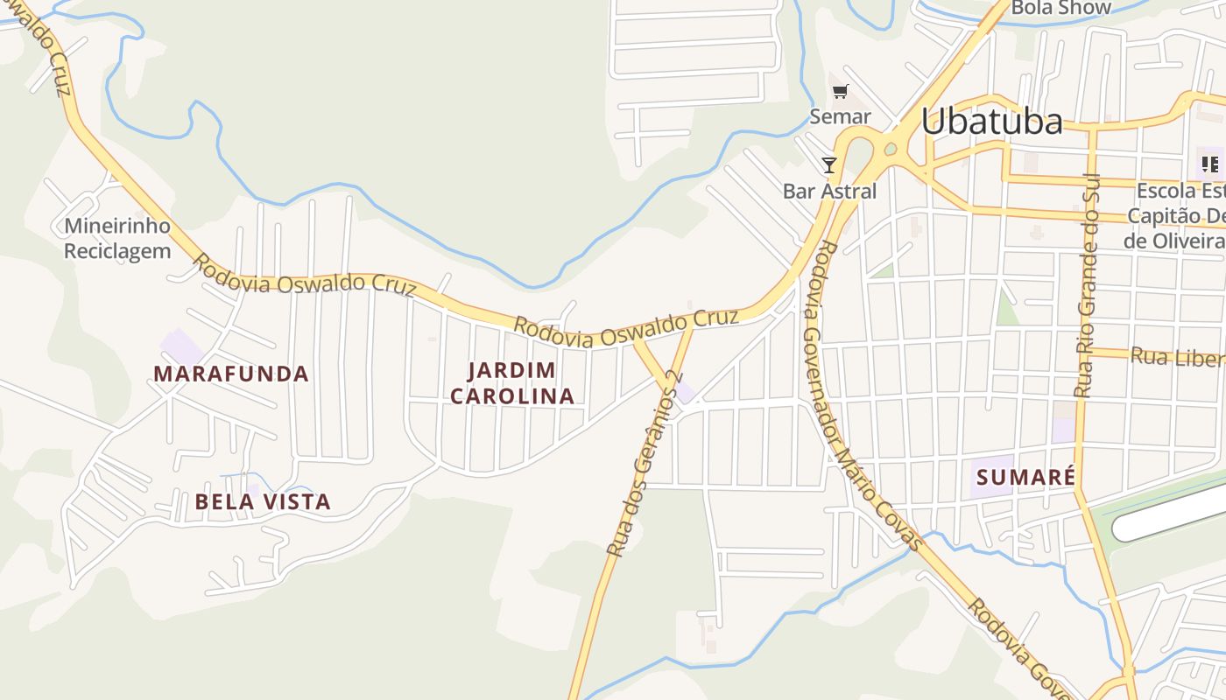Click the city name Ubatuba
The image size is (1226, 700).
991,122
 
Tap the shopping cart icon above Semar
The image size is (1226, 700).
841,91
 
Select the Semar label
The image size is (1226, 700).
840,116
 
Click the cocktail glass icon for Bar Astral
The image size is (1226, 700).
828,164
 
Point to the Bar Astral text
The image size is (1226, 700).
829,191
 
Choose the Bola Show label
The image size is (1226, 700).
1060,8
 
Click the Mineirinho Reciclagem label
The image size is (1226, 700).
117,238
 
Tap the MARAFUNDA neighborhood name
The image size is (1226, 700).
231,374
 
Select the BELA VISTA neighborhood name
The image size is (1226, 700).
263,502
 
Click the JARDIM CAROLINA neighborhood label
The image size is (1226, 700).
512,383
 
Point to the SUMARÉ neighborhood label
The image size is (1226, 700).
1025,478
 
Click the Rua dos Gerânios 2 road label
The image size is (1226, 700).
644,464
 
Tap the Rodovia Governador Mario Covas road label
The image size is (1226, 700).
863,394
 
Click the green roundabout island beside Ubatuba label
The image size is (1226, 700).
891,150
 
